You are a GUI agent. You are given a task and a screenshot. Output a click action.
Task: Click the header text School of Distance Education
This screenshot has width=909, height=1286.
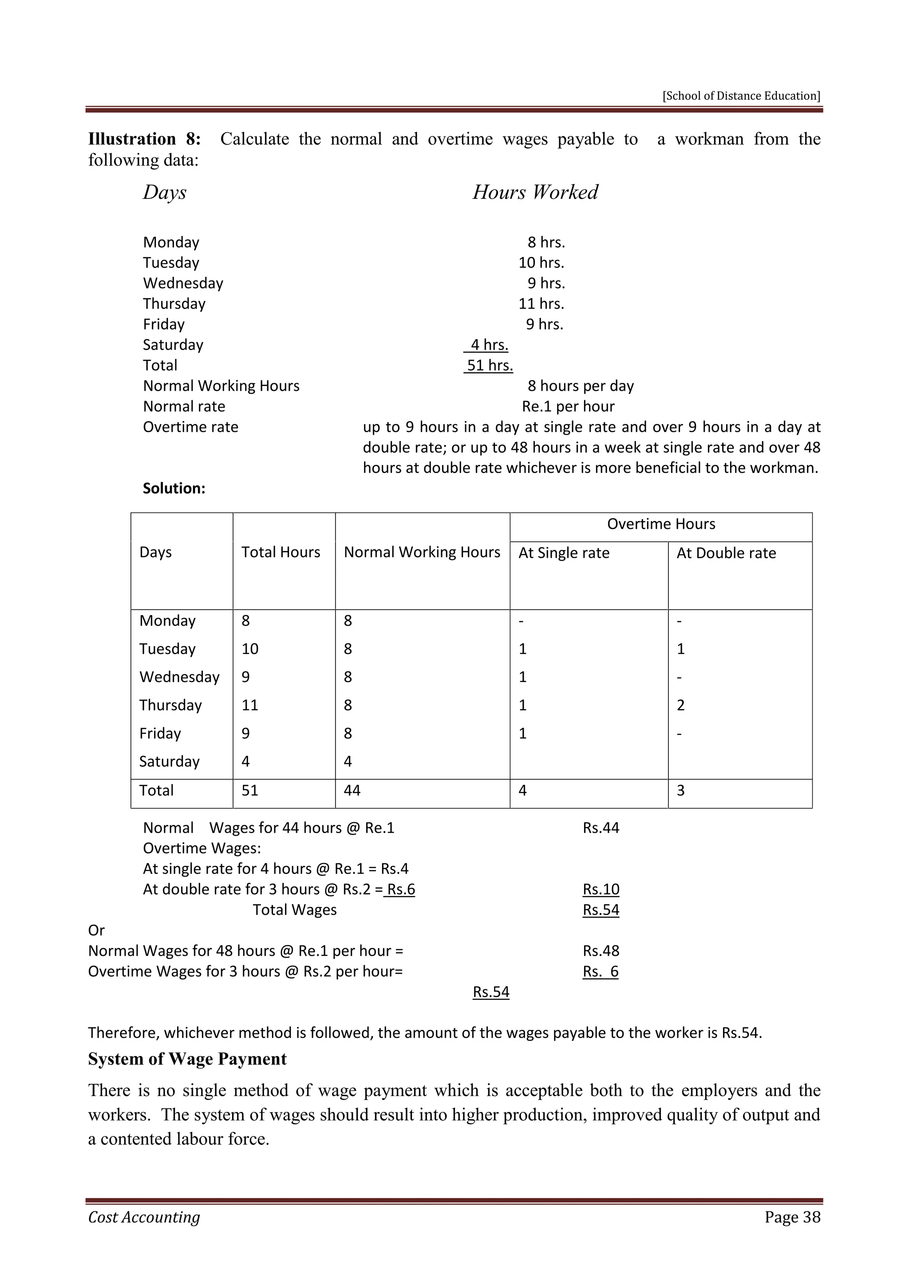[x=741, y=96]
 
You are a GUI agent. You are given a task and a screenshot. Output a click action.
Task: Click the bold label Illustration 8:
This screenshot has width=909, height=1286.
[x=144, y=139]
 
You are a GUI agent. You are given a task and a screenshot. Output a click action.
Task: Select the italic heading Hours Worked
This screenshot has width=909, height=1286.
[x=535, y=192]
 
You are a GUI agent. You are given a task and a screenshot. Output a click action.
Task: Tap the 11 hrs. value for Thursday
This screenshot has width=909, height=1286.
[x=541, y=304]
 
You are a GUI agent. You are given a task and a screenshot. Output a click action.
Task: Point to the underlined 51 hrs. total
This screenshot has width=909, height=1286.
[x=489, y=365]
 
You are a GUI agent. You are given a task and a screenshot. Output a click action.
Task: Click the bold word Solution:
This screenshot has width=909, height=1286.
[x=174, y=488]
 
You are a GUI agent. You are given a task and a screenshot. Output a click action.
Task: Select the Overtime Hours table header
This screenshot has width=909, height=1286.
[x=660, y=524]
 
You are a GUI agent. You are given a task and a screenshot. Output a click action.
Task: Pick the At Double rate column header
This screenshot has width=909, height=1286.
[x=726, y=553]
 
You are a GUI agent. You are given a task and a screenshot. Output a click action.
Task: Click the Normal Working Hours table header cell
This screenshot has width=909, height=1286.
[x=422, y=552]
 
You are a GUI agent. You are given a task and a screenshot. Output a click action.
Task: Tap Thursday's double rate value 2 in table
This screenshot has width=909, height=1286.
[x=680, y=705]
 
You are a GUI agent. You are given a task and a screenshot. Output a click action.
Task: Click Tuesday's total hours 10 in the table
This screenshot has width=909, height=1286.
[x=249, y=649]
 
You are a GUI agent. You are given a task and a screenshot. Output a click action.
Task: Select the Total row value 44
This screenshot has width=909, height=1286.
[x=352, y=790]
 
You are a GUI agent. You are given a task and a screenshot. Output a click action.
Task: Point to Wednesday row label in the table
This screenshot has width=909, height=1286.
[x=179, y=677]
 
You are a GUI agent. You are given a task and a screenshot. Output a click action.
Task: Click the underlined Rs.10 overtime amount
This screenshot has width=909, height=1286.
[x=601, y=889]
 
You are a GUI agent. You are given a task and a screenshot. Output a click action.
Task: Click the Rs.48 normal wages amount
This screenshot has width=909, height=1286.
[x=601, y=951]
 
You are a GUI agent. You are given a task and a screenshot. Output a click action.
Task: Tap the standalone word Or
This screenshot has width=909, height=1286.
[x=96, y=930]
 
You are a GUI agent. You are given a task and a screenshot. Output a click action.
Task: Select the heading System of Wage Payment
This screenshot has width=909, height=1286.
[x=187, y=1059]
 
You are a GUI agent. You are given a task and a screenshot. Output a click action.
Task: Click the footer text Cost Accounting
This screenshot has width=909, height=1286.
[x=144, y=1217]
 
